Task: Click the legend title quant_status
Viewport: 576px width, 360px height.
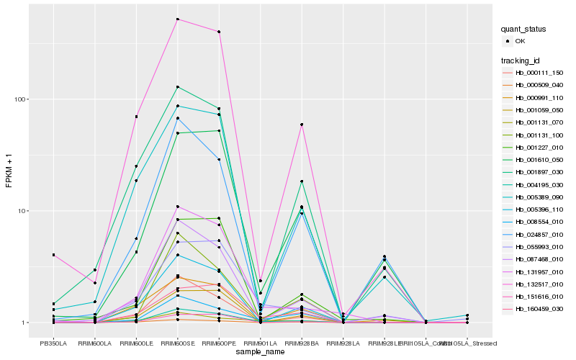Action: [x=524, y=30]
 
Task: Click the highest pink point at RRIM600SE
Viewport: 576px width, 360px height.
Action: [x=177, y=19]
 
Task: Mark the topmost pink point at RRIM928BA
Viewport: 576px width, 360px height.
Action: [x=302, y=125]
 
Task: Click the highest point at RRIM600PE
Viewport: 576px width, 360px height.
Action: [x=219, y=32]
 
